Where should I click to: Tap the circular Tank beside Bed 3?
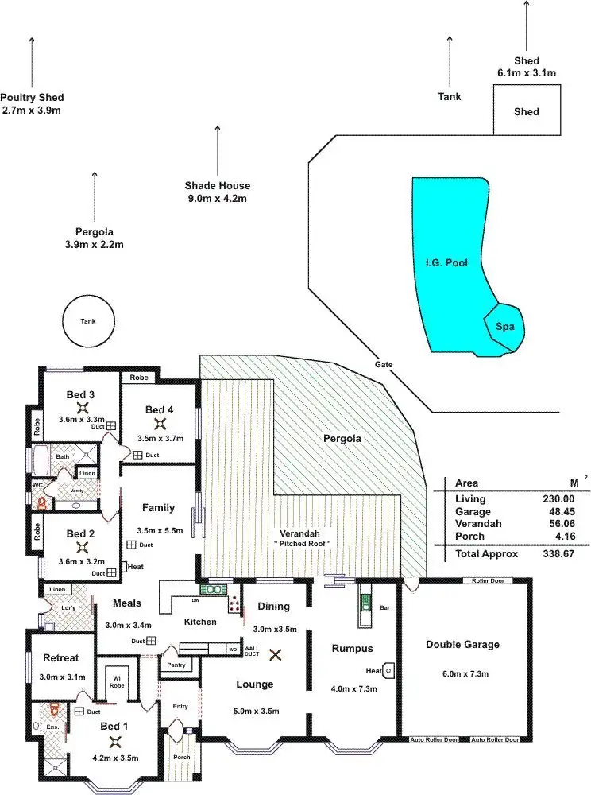pos(87,322)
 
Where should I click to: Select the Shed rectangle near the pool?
pos(526,111)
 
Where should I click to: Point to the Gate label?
pos(384,364)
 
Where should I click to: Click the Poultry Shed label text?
pos(32,98)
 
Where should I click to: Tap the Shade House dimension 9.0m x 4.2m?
pos(218,198)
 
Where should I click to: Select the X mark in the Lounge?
pos(276,655)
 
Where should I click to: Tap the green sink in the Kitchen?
pos(214,590)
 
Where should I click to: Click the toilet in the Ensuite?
pos(52,707)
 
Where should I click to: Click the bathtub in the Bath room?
pos(39,459)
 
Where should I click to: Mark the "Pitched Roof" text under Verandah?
pos(303,543)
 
